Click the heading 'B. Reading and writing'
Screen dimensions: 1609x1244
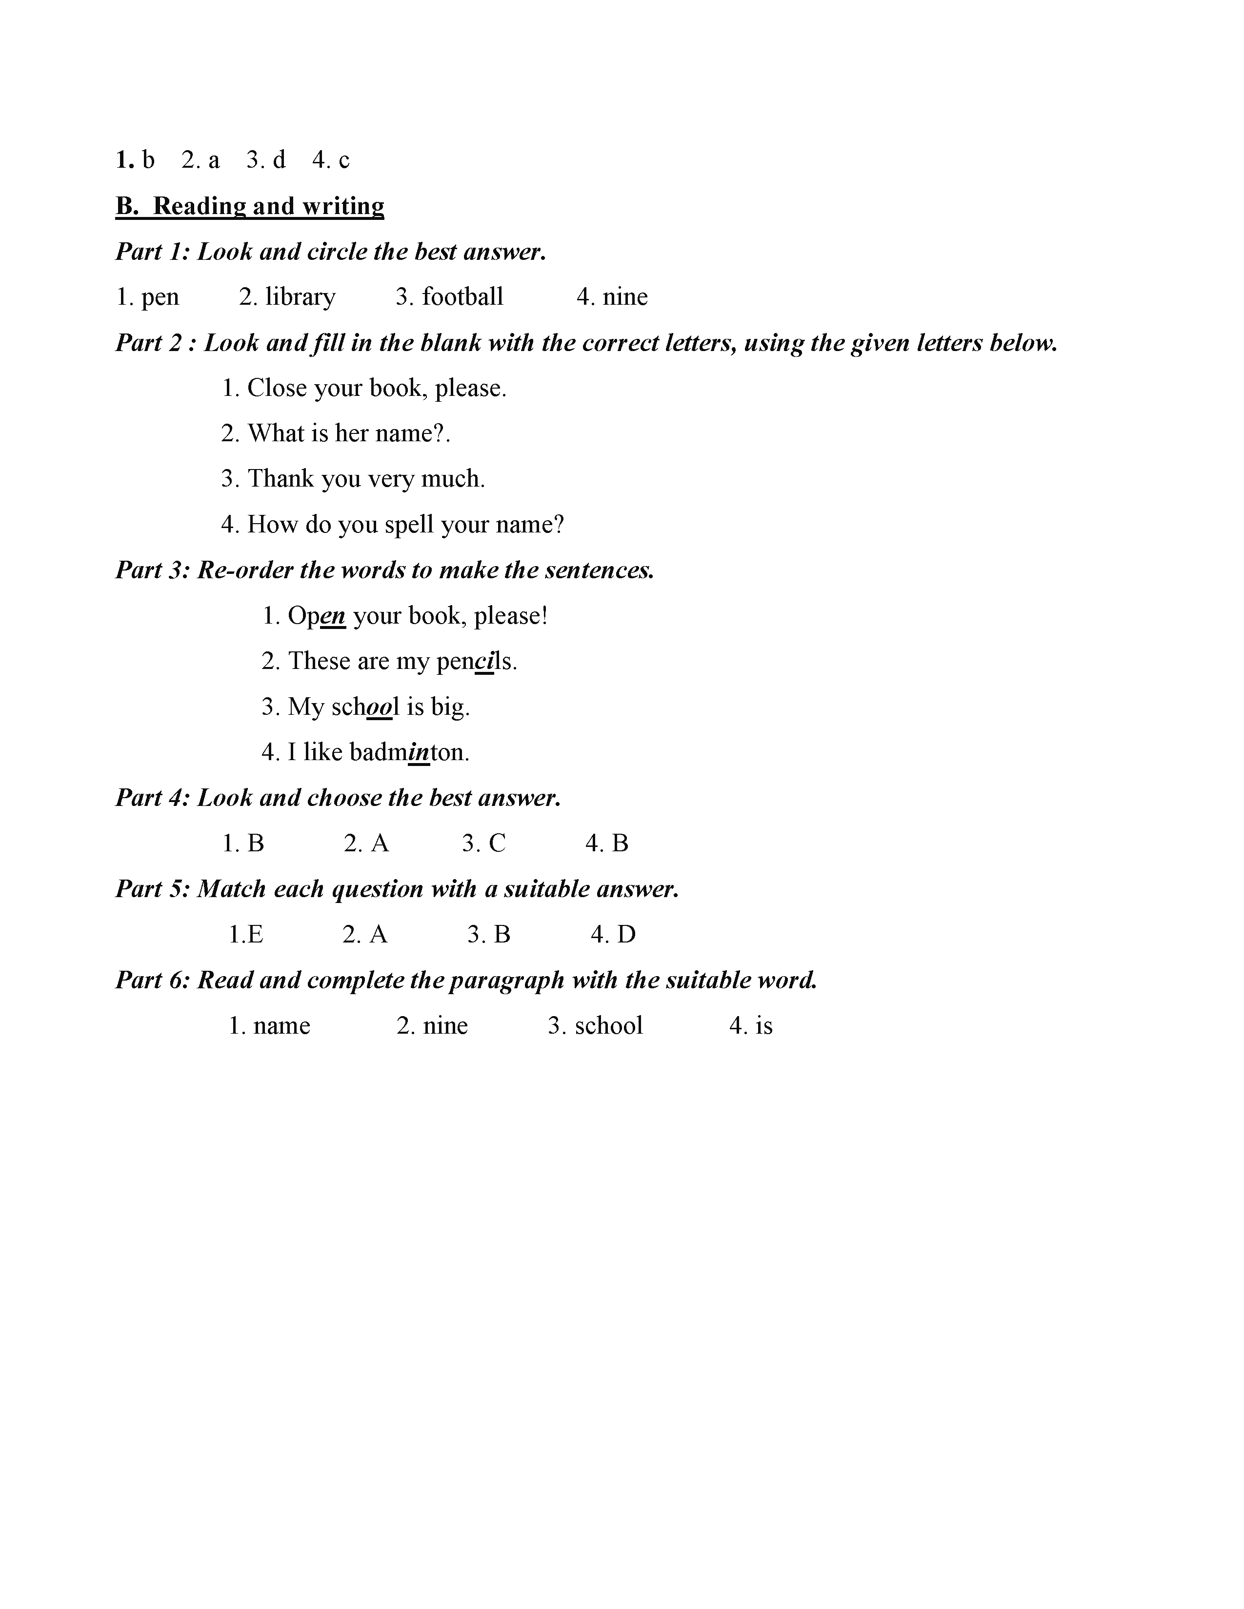click(x=250, y=206)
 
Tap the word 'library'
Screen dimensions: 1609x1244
click(x=300, y=297)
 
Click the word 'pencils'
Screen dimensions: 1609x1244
click(x=476, y=661)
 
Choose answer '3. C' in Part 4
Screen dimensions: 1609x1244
click(x=484, y=843)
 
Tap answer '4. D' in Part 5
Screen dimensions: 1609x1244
click(x=612, y=934)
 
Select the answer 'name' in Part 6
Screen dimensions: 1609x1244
click(x=281, y=1025)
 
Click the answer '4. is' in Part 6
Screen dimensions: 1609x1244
click(x=751, y=1025)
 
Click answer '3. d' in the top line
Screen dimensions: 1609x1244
click(x=266, y=160)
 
